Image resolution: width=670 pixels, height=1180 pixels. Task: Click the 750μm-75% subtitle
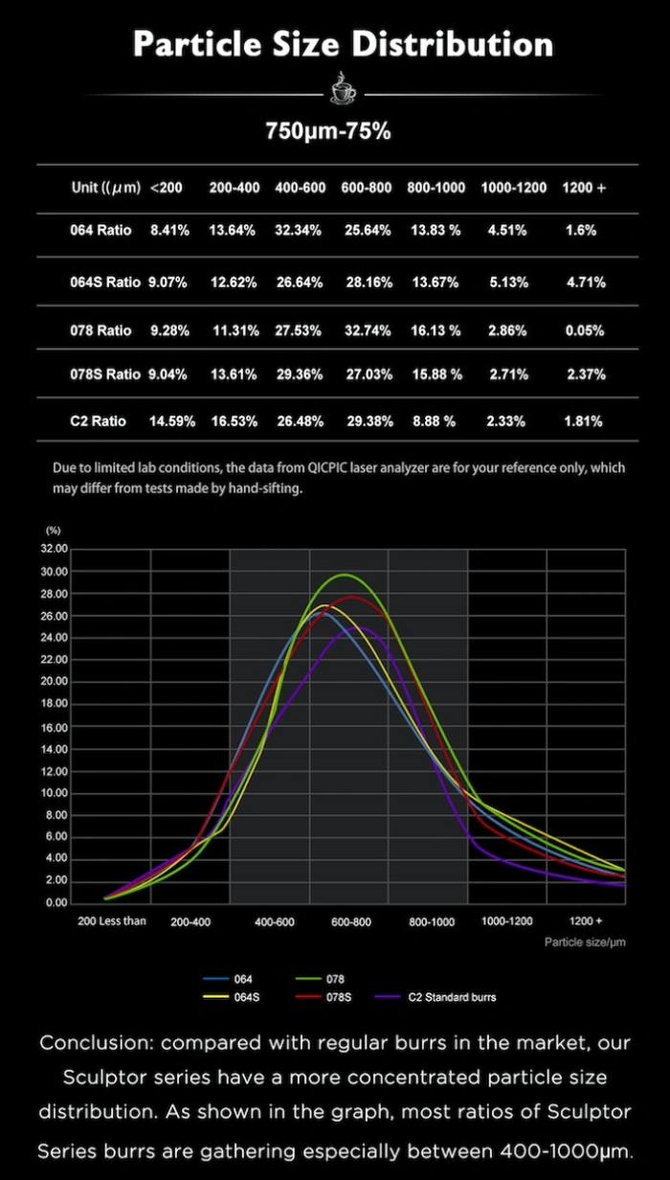pyautogui.click(x=328, y=132)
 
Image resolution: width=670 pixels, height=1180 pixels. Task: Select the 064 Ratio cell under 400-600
pyautogui.click(x=300, y=231)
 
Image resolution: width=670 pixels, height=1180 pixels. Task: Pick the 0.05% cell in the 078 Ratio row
pyautogui.click(x=584, y=330)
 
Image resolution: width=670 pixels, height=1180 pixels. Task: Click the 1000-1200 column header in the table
pyautogui.click(x=514, y=188)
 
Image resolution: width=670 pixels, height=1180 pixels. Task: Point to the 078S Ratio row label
pyautogui.click(x=105, y=374)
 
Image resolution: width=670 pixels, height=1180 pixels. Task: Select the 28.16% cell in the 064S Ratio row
pyautogui.click(x=366, y=283)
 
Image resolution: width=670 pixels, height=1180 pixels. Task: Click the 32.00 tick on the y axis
pyautogui.click(x=55, y=550)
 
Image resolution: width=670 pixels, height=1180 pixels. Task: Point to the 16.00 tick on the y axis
pyautogui.click(x=55, y=727)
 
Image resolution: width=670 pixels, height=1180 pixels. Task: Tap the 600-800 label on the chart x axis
pyautogui.click(x=350, y=922)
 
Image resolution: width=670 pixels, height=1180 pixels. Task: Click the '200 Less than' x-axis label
pyautogui.click(x=112, y=921)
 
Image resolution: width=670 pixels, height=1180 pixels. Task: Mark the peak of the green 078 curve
pyautogui.click(x=344, y=575)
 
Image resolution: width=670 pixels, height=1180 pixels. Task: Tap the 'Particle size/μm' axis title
pyautogui.click(x=585, y=942)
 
